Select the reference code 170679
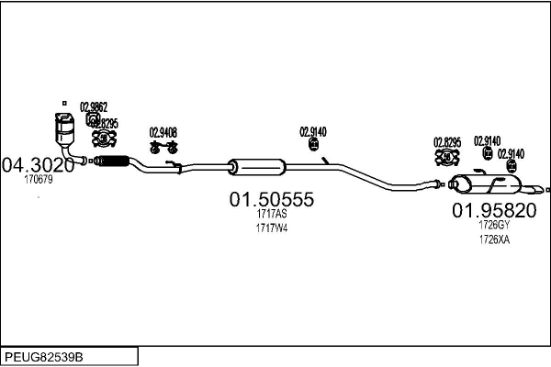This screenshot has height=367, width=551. pyautogui.click(x=39, y=180)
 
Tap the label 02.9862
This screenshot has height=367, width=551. pyautogui.click(x=94, y=106)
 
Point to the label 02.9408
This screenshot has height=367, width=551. pyautogui.click(x=163, y=132)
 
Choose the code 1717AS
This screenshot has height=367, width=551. pyautogui.click(x=272, y=216)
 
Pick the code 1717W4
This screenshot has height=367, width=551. pyautogui.click(x=272, y=228)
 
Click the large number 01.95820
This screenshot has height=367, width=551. pyautogui.click(x=493, y=210)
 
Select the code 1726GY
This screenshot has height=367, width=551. pyautogui.click(x=493, y=225)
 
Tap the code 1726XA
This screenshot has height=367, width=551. pyautogui.click(x=493, y=239)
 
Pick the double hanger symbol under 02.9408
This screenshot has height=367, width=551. pyautogui.click(x=163, y=146)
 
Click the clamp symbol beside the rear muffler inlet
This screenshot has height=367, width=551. pyautogui.click(x=447, y=157)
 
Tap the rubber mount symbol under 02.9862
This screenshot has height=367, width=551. pyautogui.click(x=93, y=118)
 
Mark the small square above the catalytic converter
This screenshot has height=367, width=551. pyautogui.click(x=64, y=102)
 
